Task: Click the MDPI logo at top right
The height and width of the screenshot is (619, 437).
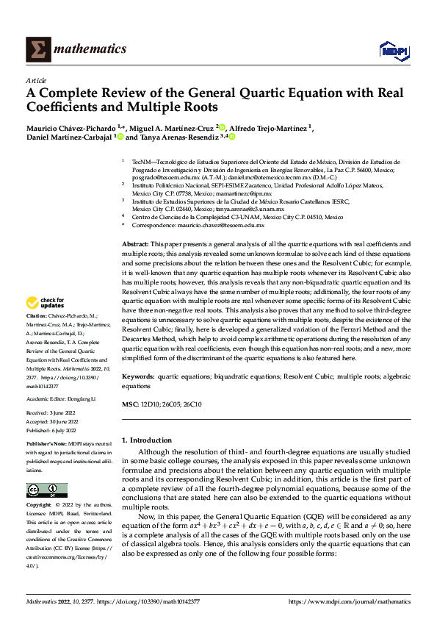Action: (x=393, y=49)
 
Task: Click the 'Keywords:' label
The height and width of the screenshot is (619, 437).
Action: (x=139, y=376)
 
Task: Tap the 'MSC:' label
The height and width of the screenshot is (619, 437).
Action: (x=129, y=405)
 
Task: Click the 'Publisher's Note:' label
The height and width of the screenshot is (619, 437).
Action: (x=47, y=445)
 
